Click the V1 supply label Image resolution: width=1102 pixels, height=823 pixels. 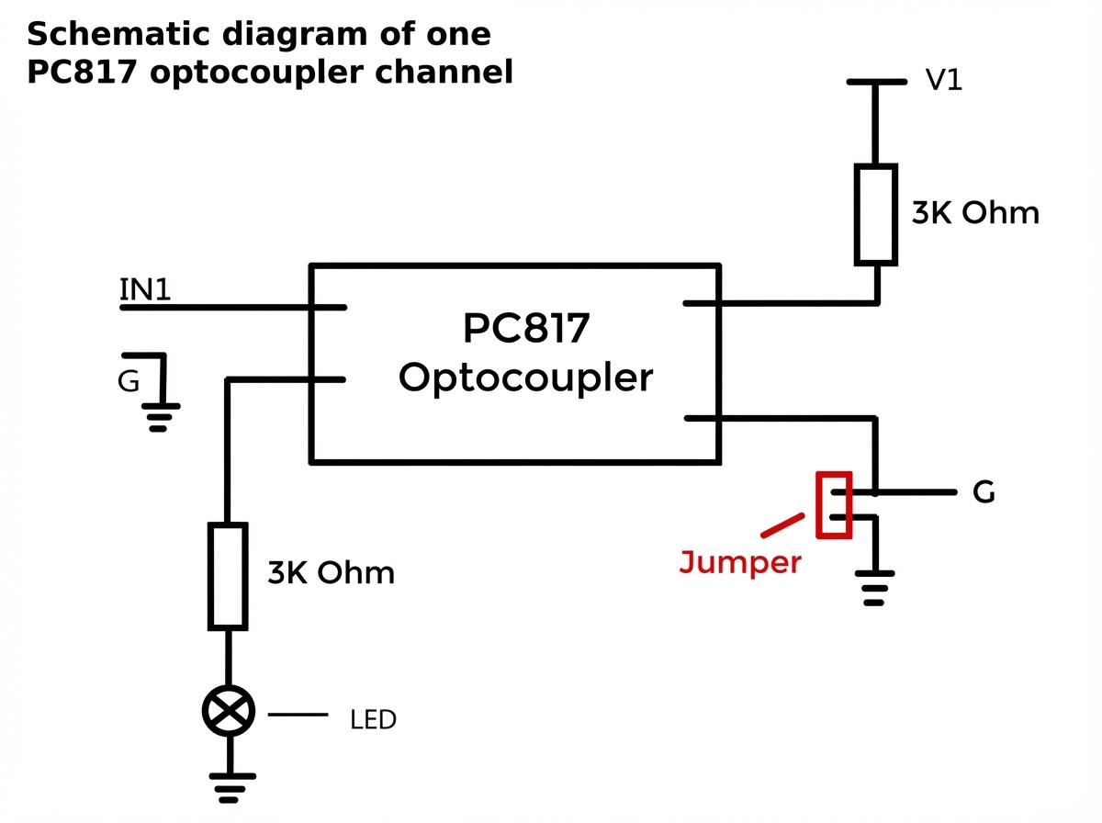pyautogui.click(x=944, y=80)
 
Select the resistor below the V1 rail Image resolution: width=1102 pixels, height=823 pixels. pyautogui.click(x=875, y=214)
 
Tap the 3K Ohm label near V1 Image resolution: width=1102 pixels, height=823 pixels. pyautogui.click(x=975, y=213)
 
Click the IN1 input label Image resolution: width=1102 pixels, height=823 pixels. pyautogui.click(x=145, y=289)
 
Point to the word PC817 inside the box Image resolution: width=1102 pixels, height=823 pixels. pyautogui.click(x=525, y=329)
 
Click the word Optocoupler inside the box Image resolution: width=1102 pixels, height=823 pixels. pyautogui.click(x=525, y=378)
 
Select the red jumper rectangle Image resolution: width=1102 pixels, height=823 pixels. pyautogui.click(x=834, y=505)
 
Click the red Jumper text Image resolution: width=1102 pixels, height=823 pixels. pyautogui.click(x=740, y=563)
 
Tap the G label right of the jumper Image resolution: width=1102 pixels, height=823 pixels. pyautogui.click(x=984, y=492)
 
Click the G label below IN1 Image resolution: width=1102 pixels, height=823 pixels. pyautogui.click(x=128, y=381)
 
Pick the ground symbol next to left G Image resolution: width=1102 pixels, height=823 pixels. pyautogui.click(x=160, y=417)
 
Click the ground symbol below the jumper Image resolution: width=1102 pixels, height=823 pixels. pyautogui.click(x=874, y=588)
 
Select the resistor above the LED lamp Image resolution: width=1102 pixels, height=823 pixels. pyautogui.click(x=228, y=576)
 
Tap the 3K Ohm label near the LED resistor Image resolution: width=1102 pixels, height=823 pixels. pyautogui.click(x=331, y=572)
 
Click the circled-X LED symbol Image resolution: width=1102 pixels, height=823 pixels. pyautogui.click(x=229, y=711)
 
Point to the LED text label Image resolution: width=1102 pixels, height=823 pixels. pyautogui.click(x=373, y=719)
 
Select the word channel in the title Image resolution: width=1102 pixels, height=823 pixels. pyautogui.click(x=444, y=72)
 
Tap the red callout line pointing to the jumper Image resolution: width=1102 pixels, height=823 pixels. pyautogui.click(x=782, y=525)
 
